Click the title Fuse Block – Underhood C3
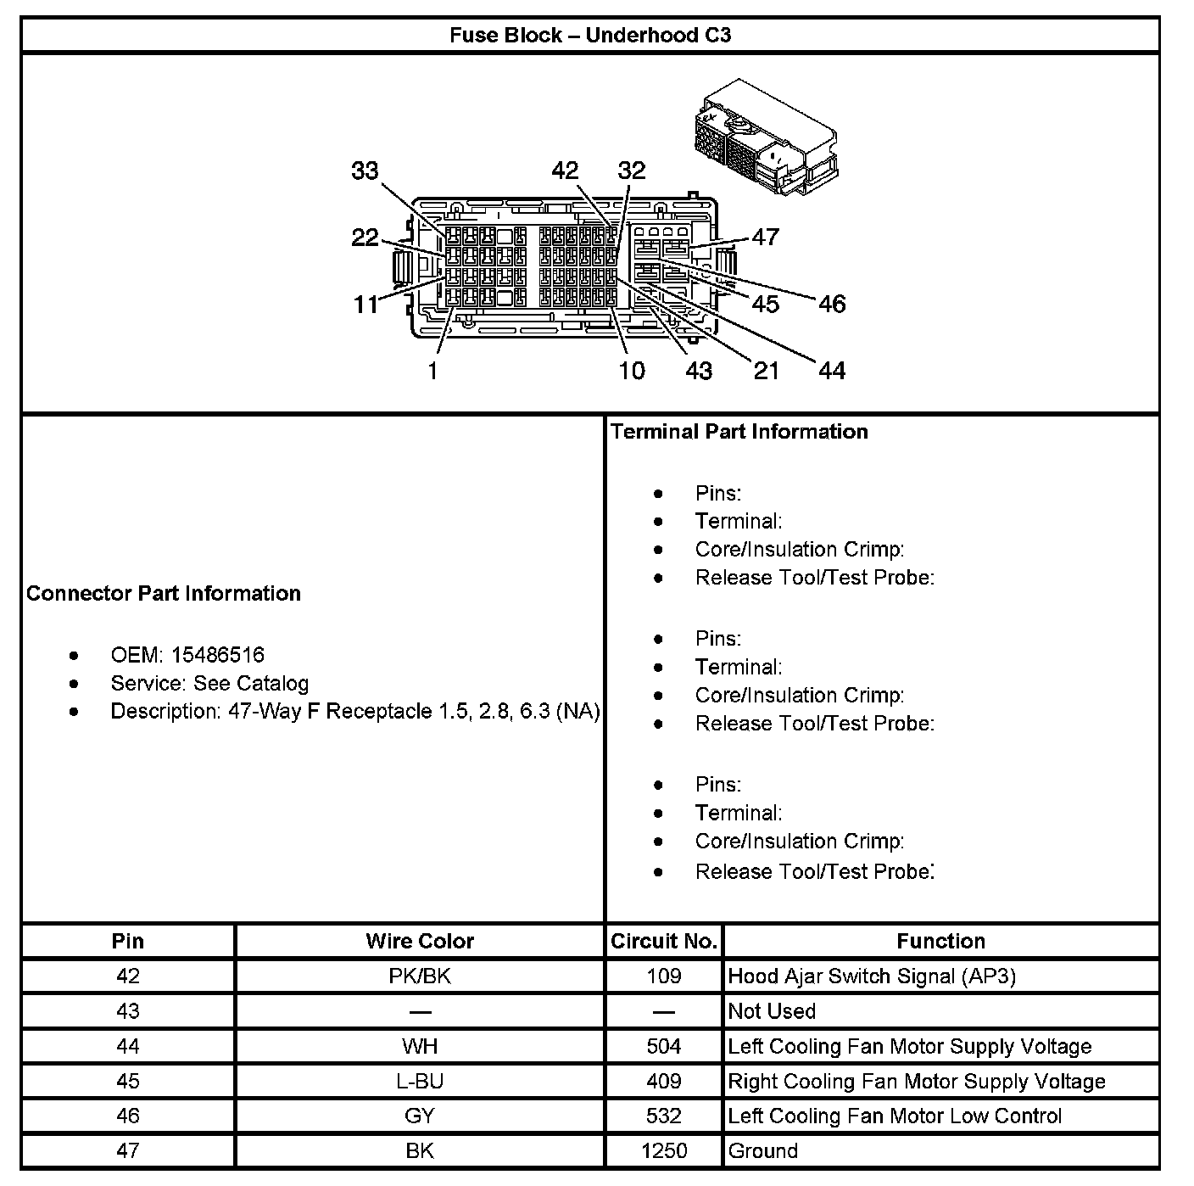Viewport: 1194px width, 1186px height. tap(589, 35)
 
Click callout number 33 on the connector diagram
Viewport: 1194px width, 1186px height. tap(365, 171)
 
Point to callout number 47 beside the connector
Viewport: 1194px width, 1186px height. tap(765, 237)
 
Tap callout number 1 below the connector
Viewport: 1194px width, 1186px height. tap(432, 371)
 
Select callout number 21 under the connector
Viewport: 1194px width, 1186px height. tap(766, 371)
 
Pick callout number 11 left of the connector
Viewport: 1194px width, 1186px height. tap(365, 304)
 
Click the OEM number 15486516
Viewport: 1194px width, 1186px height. tap(218, 655)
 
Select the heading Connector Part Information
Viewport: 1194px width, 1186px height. tap(164, 593)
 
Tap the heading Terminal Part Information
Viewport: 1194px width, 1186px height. tap(739, 432)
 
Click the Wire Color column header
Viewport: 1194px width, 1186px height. tap(420, 941)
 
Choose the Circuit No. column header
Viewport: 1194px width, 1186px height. tap(664, 941)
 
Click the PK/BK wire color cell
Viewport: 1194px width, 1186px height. tap(420, 976)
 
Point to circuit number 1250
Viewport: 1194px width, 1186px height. tap(664, 1151)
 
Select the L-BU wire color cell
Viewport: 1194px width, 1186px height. tap(420, 1082)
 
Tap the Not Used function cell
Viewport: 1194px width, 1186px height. tap(772, 1011)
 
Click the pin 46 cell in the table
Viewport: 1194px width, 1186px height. tap(128, 1116)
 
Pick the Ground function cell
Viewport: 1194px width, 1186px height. tap(763, 1151)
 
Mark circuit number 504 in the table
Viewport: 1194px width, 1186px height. tap(664, 1047)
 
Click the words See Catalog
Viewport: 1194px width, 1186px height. tap(251, 684)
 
